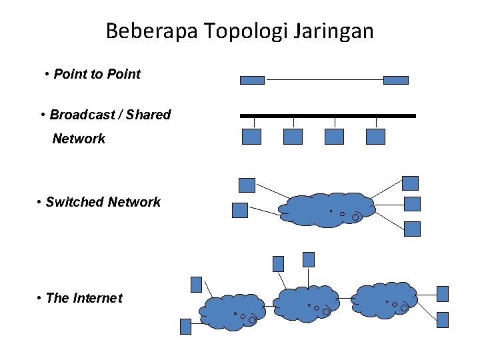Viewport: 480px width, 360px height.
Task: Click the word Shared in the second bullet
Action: pyautogui.click(x=148, y=115)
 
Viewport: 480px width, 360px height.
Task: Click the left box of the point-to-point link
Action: pyautogui.click(x=252, y=80)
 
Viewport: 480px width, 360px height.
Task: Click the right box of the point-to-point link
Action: pyautogui.click(x=396, y=80)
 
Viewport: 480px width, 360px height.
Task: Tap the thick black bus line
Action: pyautogui.click(x=327, y=116)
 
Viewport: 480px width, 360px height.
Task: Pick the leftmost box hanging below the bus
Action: pyautogui.click(x=251, y=137)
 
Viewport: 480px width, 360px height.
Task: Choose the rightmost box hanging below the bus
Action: pyautogui.click(x=376, y=137)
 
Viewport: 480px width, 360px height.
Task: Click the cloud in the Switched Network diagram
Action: pyautogui.click(x=327, y=210)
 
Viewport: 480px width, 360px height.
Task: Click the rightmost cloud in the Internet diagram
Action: pyautogui.click(x=385, y=300)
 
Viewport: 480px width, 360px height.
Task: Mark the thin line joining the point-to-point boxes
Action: pyautogui.click(x=324, y=80)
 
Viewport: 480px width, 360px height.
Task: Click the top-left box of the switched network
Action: pyautogui.click(x=247, y=185)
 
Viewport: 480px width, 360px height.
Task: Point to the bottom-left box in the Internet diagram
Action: pyautogui.click(x=186, y=326)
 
